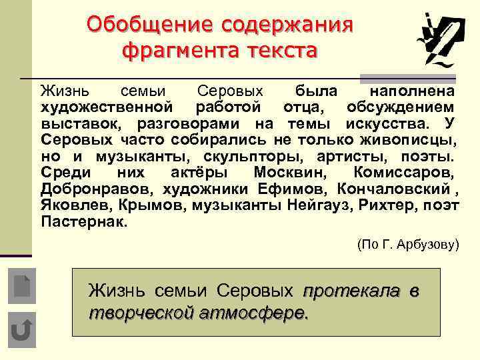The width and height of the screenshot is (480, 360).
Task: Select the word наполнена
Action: tap(413, 90)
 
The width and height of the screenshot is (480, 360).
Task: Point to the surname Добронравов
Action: tap(87, 189)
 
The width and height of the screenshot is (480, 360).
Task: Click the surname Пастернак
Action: tap(83, 221)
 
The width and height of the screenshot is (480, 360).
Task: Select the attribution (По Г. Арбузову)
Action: tap(408, 245)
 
